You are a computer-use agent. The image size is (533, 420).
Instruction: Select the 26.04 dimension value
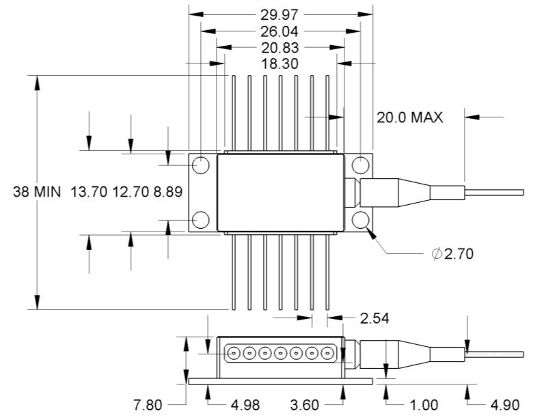281,31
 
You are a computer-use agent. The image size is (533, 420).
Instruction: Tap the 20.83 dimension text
281,48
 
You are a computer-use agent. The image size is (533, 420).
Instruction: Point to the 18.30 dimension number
281,64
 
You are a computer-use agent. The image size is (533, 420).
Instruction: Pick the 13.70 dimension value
89,192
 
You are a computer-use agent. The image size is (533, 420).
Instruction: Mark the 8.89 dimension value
167,192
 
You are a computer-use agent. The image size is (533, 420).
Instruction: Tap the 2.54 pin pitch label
374,319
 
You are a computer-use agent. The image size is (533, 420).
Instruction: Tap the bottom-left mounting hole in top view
201,219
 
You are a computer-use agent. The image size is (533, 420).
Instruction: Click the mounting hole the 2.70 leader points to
360,219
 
